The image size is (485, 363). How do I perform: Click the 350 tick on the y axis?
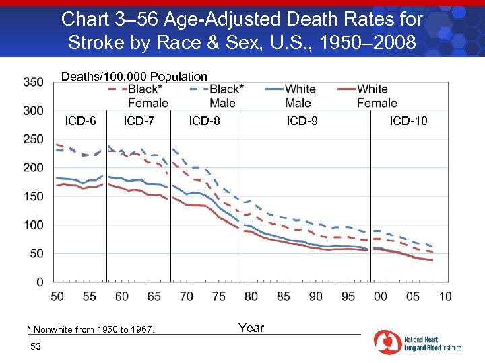pyautogui.click(x=33, y=82)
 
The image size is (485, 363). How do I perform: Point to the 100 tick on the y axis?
pyautogui.click(x=33, y=225)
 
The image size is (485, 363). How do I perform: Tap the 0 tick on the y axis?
pyautogui.click(x=40, y=282)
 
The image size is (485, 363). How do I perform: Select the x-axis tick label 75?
pyautogui.click(x=218, y=296)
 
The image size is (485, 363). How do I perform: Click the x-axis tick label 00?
pyautogui.click(x=380, y=296)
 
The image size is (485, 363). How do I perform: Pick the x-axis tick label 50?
pyautogui.click(x=57, y=296)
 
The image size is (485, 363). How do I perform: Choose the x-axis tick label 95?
pyautogui.click(x=348, y=296)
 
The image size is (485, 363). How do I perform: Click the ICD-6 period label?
pyautogui.click(x=80, y=122)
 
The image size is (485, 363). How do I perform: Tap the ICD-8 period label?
pyautogui.click(x=204, y=122)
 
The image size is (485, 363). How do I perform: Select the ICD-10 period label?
pyautogui.click(x=408, y=122)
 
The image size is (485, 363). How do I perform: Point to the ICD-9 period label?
pyautogui.click(x=302, y=122)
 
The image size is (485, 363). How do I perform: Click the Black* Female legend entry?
pyautogui.click(x=148, y=95)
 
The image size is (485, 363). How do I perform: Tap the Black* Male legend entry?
pyautogui.click(x=222, y=95)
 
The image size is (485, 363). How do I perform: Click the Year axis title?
pyautogui.click(x=251, y=328)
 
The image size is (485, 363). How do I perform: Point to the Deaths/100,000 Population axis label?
pyautogui.click(x=134, y=77)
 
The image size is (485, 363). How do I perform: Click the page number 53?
pyautogui.click(x=36, y=346)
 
